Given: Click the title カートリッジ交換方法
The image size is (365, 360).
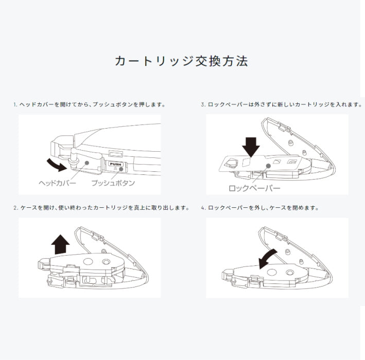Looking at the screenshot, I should [182, 61].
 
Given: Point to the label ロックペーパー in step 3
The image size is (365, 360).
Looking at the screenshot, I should [255, 188].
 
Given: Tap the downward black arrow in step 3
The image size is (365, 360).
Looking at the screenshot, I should [251, 147].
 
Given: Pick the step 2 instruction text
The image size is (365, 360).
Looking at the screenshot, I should [101, 208].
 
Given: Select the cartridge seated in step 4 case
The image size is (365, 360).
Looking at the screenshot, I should [278, 272].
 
